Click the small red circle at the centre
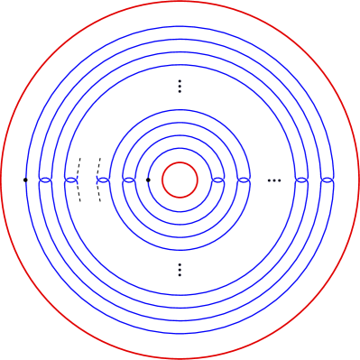180,162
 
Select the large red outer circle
180,3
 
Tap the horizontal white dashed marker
274,180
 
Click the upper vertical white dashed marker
180,86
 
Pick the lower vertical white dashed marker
180,270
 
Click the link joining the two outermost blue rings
328,180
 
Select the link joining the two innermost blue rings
217,180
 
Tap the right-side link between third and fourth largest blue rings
302,180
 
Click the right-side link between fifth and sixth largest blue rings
243,180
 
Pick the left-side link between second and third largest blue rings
46,180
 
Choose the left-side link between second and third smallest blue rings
130,180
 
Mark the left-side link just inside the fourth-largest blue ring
73,180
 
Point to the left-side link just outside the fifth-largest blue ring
102,180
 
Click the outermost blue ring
180,26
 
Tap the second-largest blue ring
180,39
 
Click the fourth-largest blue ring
180,65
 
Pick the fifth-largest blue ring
180,110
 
